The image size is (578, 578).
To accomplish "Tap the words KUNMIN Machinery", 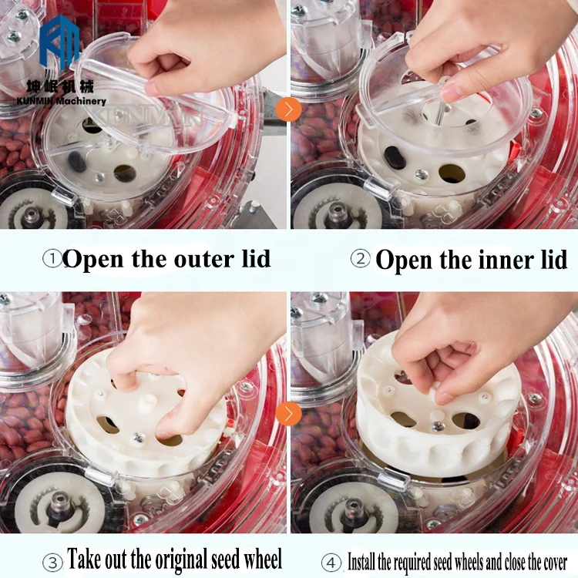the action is [x=61, y=101].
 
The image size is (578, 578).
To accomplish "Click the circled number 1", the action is [x=52, y=259].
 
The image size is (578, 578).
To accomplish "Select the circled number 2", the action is [x=360, y=259].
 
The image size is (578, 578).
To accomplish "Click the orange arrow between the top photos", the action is [x=288, y=109].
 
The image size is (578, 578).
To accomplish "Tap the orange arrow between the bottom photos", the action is [x=288, y=413].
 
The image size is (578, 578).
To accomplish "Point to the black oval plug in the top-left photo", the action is [x=77, y=162].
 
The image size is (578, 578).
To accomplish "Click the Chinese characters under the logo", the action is [x=60, y=86].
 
